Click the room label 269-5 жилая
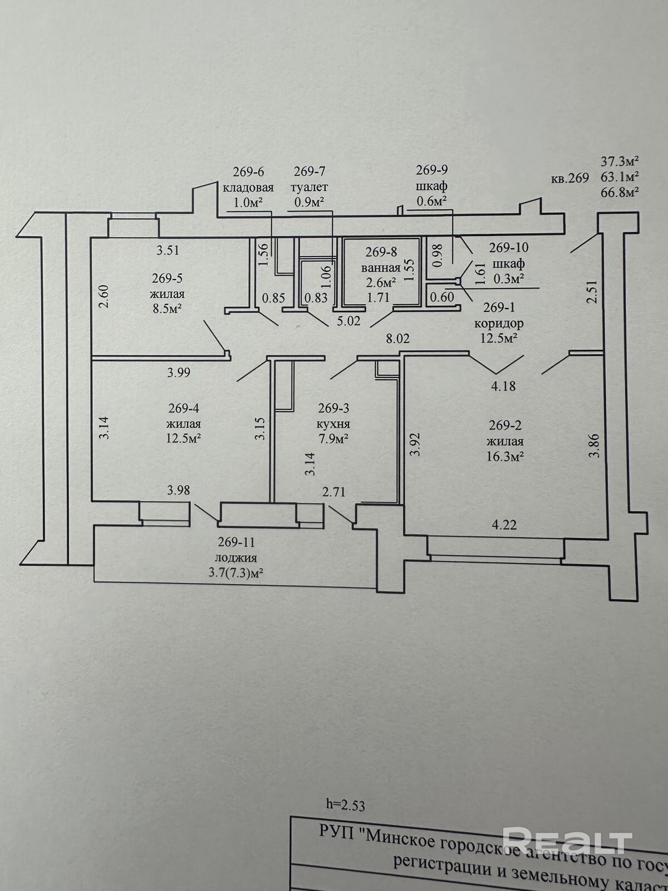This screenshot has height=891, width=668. click(168, 286)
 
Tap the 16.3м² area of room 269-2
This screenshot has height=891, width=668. click(505, 457)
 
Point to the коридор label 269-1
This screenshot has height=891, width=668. click(498, 323)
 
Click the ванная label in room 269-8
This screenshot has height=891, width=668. click(381, 267)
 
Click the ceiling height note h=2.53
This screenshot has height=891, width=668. click(345, 804)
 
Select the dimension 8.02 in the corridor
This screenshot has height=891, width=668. click(398, 338)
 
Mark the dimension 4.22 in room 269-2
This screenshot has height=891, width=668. click(504, 525)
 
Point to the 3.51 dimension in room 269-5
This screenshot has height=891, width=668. click(168, 250)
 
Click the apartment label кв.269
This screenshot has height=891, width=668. click(569, 178)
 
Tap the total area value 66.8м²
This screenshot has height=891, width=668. click(619, 192)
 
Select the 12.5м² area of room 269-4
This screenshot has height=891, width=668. click(184, 438)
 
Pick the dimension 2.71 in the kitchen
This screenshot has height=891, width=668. click(334, 491)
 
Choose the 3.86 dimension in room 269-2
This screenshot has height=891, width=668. click(595, 445)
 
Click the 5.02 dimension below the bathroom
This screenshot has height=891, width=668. click(349, 321)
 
